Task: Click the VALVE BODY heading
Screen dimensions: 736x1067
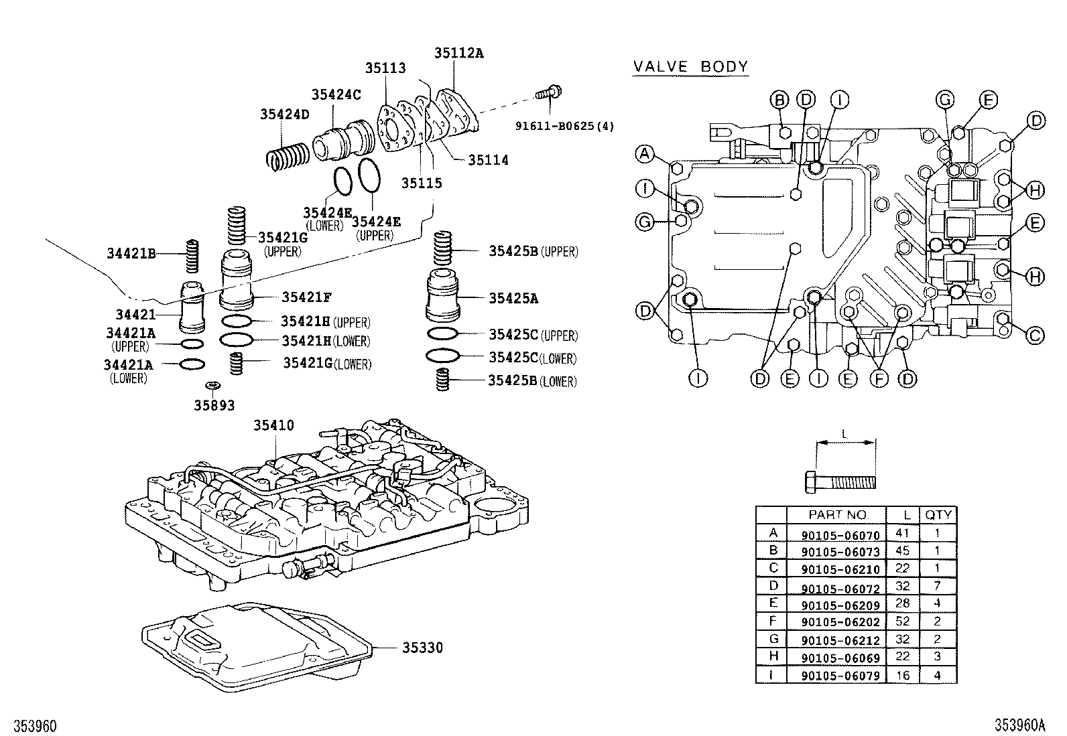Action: point(690,66)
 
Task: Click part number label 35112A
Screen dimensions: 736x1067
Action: point(458,53)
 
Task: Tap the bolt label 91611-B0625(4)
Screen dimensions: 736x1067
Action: point(564,125)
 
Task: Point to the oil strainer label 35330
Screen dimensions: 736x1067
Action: point(422,648)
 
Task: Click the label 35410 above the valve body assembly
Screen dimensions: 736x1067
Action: point(273,425)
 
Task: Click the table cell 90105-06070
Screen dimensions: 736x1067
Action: point(840,534)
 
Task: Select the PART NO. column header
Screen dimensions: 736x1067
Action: point(837,515)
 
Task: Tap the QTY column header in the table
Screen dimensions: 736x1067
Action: point(938,515)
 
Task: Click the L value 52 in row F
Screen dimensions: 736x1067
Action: point(902,621)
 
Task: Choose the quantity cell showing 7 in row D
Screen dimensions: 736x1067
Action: point(937,586)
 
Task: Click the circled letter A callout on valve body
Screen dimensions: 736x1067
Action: point(644,154)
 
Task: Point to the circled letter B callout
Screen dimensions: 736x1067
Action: point(779,100)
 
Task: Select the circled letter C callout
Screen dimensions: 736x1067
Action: point(1035,335)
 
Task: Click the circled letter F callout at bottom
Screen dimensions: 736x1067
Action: point(878,379)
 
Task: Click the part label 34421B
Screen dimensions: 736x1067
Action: point(131,253)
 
